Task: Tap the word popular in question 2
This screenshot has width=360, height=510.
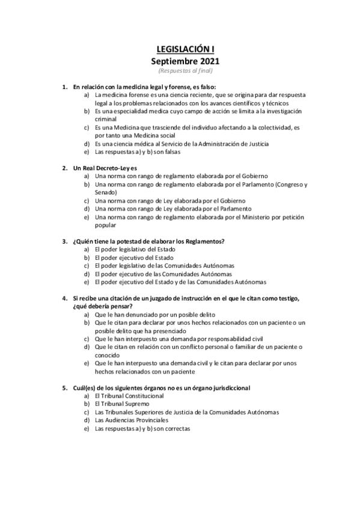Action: point(106,225)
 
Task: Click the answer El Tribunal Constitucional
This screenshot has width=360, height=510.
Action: point(129,396)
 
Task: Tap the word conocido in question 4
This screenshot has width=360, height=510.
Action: point(108,355)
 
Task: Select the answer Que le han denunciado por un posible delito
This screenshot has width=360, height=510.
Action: point(154,315)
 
